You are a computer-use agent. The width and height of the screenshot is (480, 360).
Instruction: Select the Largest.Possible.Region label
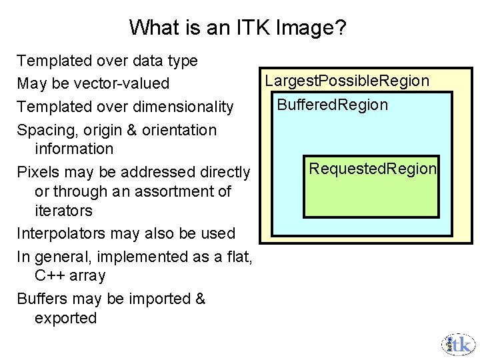coord(347,81)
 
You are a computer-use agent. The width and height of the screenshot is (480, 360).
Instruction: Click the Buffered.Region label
coord(332,105)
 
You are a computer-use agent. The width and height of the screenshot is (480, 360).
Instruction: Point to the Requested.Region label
coord(372,168)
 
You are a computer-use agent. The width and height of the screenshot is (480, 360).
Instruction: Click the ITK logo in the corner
coord(459,344)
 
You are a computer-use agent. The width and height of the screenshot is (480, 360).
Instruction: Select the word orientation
coord(179,130)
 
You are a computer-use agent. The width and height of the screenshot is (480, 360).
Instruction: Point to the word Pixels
coord(39,172)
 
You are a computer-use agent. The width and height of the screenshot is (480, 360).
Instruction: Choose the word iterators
coord(63,211)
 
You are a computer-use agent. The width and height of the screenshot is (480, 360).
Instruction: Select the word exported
coord(65,318)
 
